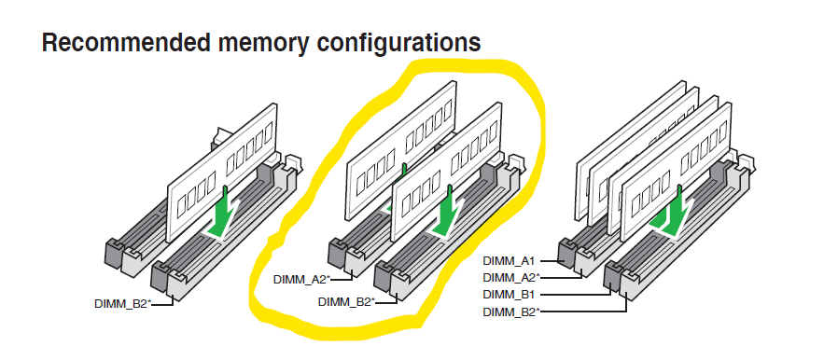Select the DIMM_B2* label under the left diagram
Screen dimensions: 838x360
point(123,304)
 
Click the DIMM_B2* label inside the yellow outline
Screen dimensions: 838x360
point(347,302)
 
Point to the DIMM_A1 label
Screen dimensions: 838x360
point(509,261)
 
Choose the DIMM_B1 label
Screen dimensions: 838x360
point(509,295)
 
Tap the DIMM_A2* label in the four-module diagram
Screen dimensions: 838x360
point(511,278)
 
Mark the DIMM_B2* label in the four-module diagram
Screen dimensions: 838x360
point(511,312)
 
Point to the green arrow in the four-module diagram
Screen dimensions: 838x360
point(671,214)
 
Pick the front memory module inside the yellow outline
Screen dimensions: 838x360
point(447,171)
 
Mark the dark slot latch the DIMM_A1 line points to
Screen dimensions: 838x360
point(566,255)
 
